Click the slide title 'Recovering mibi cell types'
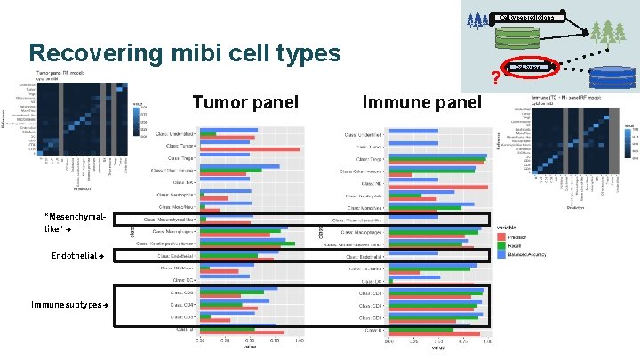click(184, 53)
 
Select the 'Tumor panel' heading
click(245, 102)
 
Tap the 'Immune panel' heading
click(421, 102)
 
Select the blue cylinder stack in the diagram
click(614, 78)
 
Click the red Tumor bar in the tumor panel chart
click(250, 149)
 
